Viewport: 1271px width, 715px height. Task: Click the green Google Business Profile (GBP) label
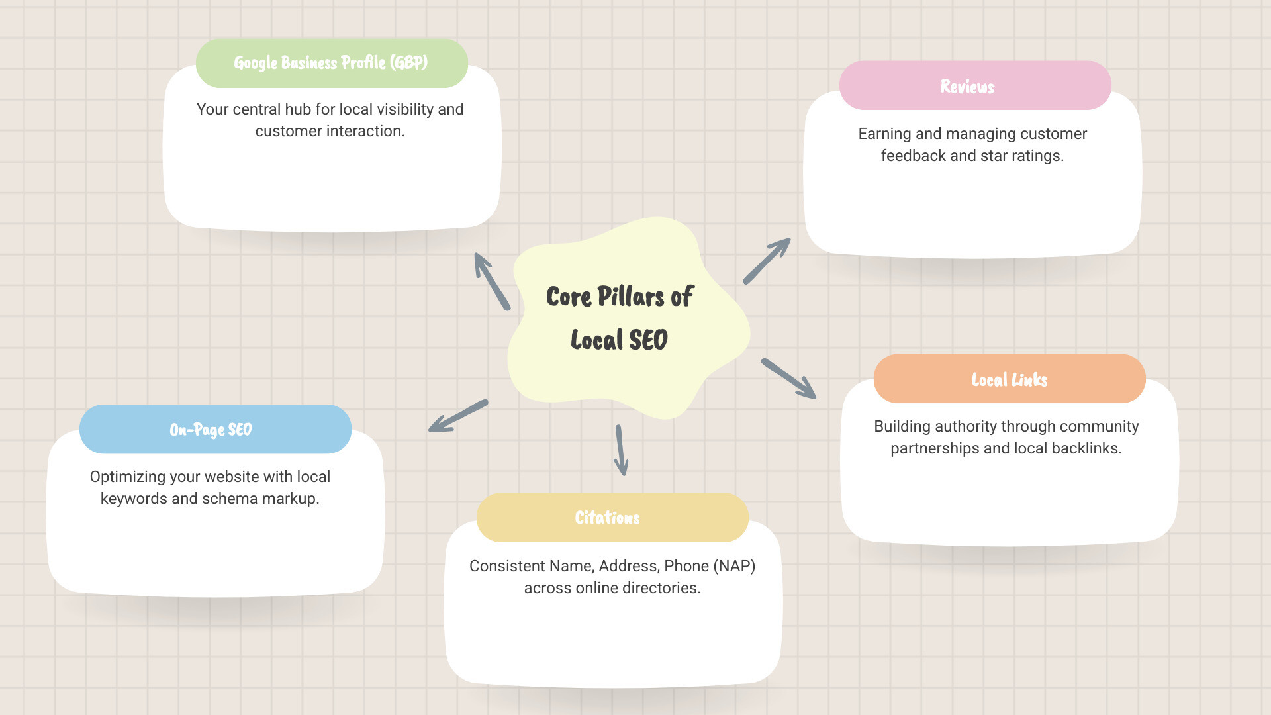[x=331, y=63]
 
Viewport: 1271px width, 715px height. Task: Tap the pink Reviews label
[x=967, y=87]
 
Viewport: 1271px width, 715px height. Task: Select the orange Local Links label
[x=1009, y=379]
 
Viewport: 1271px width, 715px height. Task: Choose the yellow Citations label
[x=607, y=518]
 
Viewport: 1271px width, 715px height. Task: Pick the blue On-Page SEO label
[x=211, y=430]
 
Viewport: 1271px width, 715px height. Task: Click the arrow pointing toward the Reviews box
[x=767, y=262]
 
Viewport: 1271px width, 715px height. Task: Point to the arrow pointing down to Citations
[x=621, y=450]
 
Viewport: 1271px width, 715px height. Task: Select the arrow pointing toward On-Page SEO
[x=458, y=416]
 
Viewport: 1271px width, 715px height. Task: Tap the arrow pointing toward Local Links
[x=788, y=379]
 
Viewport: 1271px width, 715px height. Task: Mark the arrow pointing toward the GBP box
[x=492, y=281]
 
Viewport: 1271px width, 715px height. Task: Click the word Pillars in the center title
[x=631, y=297]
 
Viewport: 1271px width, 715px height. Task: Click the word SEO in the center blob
[x=648, y=340]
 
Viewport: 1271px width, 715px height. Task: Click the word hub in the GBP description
[x=298, y=109]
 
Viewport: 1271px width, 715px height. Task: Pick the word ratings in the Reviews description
[x=1039, y=156]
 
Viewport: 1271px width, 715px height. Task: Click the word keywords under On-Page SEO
[x=134, y=499]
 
